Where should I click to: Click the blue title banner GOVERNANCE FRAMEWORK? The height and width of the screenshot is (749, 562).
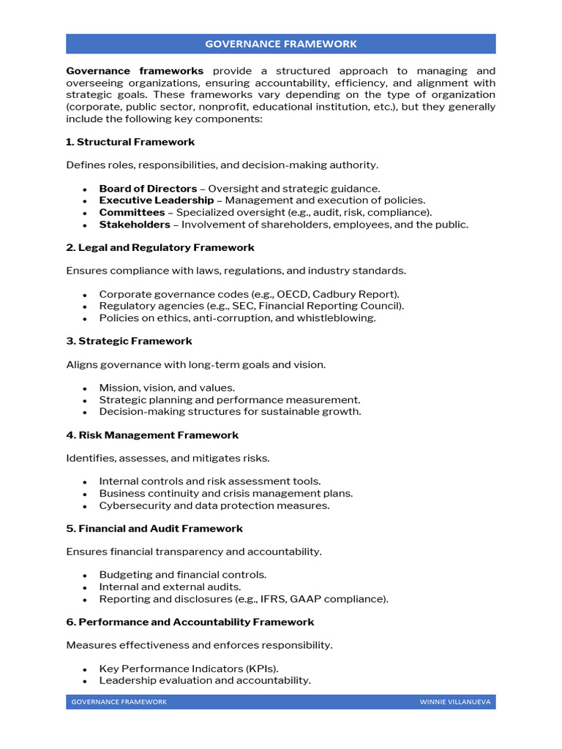281,44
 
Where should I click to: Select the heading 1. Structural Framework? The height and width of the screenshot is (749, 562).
130,142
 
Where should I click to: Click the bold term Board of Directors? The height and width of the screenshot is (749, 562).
148,189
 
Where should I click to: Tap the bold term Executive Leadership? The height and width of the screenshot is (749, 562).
157,200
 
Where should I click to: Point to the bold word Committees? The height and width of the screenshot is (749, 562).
132,213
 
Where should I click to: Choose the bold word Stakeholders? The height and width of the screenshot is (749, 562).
135,225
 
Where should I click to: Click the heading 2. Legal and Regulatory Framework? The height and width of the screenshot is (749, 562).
160,248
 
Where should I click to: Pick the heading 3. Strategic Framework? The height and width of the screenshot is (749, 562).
129,342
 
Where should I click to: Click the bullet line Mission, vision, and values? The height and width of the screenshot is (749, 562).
167,388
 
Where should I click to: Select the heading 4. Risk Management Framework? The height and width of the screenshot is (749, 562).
152,435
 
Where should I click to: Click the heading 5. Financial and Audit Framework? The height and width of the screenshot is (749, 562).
154,529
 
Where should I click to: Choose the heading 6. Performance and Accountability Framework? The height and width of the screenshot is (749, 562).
190,622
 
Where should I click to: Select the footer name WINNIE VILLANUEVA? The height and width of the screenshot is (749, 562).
454,702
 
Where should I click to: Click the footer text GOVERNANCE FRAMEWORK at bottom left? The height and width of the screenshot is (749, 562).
119,702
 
